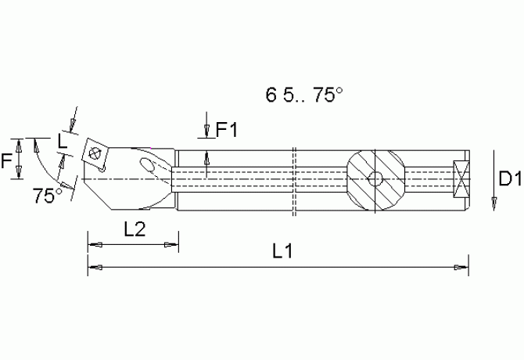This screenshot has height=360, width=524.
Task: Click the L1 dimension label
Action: pyautogui.click(x=282, y=252)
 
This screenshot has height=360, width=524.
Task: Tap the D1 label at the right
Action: pyautogui.click(x=509, y=181)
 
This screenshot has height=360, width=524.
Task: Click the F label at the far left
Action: pyautogui.click(x=7, y=161)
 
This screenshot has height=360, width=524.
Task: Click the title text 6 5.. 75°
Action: pyautogui.click(x=304, y=95)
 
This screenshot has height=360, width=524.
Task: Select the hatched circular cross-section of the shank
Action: pyautogui.click(x=375, y=178)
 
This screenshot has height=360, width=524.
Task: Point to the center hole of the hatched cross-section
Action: pyautogui.click(x=375, y=178)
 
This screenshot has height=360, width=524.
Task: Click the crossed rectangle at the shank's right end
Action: pyautogui.click(x=460, y=178)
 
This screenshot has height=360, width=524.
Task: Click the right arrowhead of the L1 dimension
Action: pyautogui.click(x=462, y=268)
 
